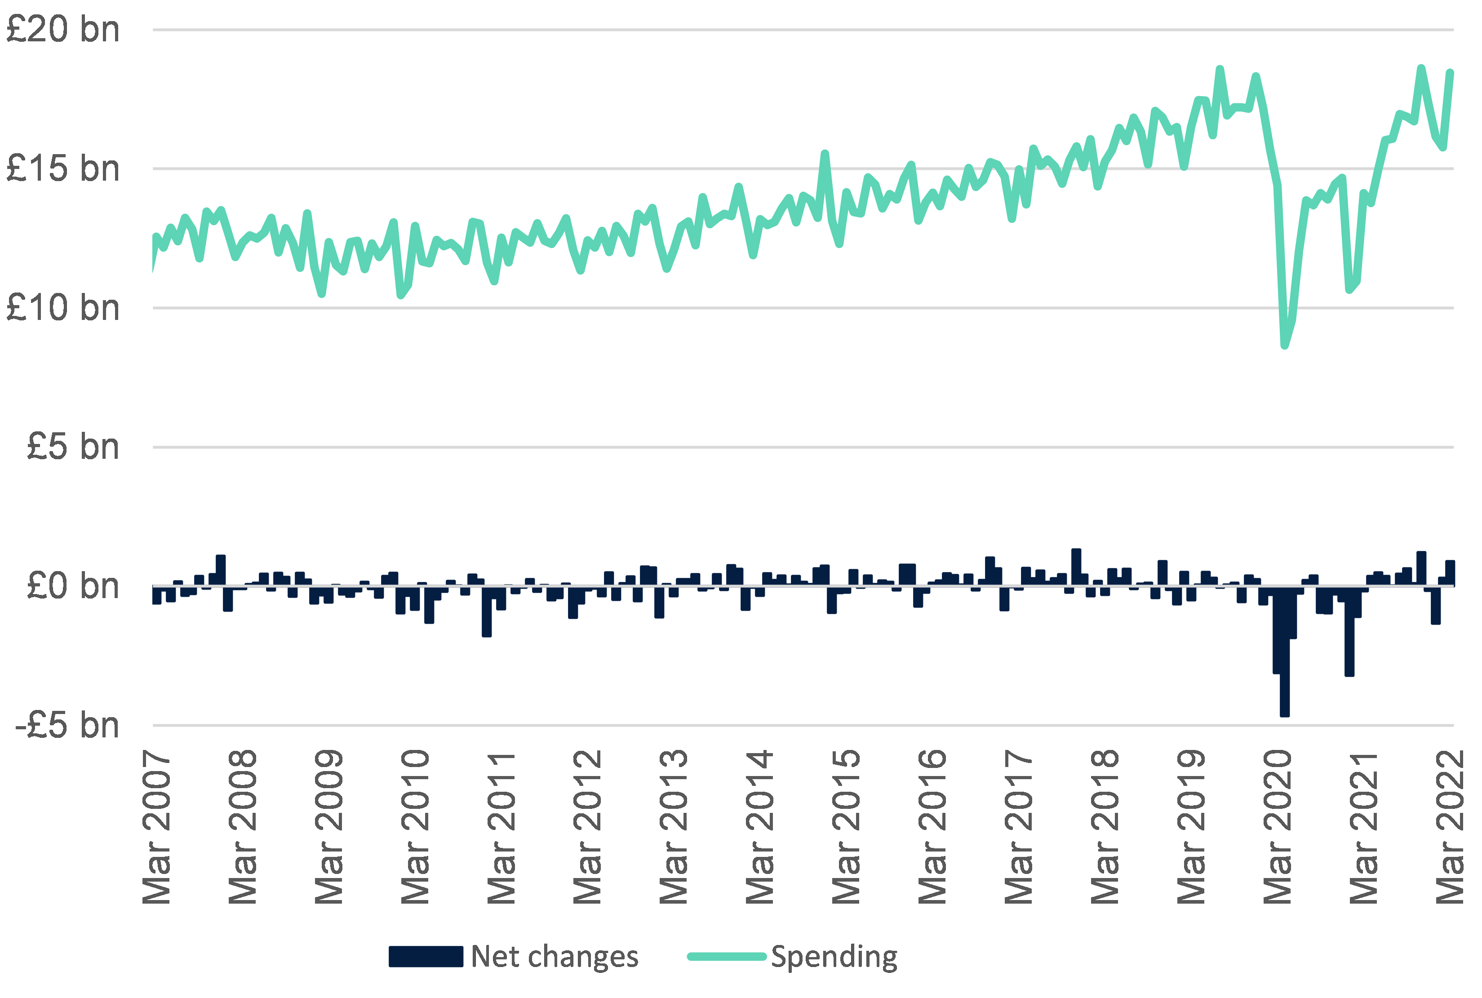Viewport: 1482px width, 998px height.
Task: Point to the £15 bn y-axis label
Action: (x=62, y=169)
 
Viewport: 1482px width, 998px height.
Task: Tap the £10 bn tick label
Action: (x=62, y=308)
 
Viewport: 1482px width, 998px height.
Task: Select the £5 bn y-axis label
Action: (x=72, y=447)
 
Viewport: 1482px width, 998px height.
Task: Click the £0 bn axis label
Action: (x=72, y=586)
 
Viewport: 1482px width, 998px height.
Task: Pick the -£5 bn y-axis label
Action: (x=67, y=725)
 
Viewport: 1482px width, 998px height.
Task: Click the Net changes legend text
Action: (x=554, y=957)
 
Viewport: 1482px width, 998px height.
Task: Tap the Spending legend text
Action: (x=834, y=957)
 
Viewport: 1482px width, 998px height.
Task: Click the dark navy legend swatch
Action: (x=426, y=957)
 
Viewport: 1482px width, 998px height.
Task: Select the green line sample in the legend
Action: (x=727, y=957)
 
